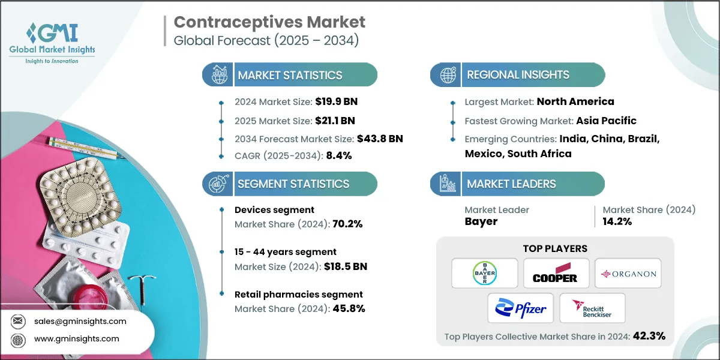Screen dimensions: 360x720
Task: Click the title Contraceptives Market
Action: click(269, 23)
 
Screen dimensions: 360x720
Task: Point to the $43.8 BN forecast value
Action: click(380, 139)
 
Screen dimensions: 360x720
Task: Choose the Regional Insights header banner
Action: click(517, 75)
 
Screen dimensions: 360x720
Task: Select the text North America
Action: click(575, 101)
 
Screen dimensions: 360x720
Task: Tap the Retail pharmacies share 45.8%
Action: click(345, 309)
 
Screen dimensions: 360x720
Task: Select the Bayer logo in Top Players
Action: click(485, 274)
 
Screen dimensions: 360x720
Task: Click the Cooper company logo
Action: click(555, 274)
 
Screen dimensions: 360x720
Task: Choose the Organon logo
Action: click(628, 274)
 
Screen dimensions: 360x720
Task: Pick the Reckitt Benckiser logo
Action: click(592, 309)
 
